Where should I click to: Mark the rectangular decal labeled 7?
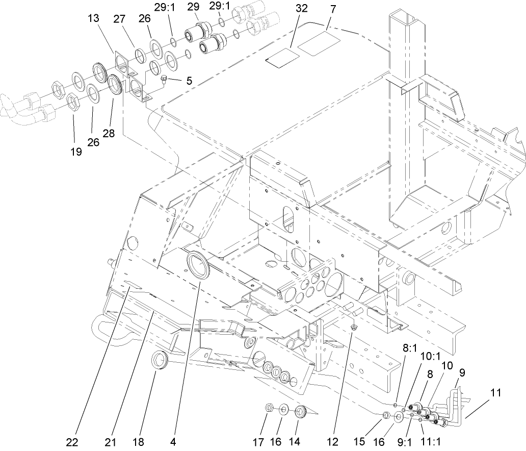[x=318, y=44]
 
